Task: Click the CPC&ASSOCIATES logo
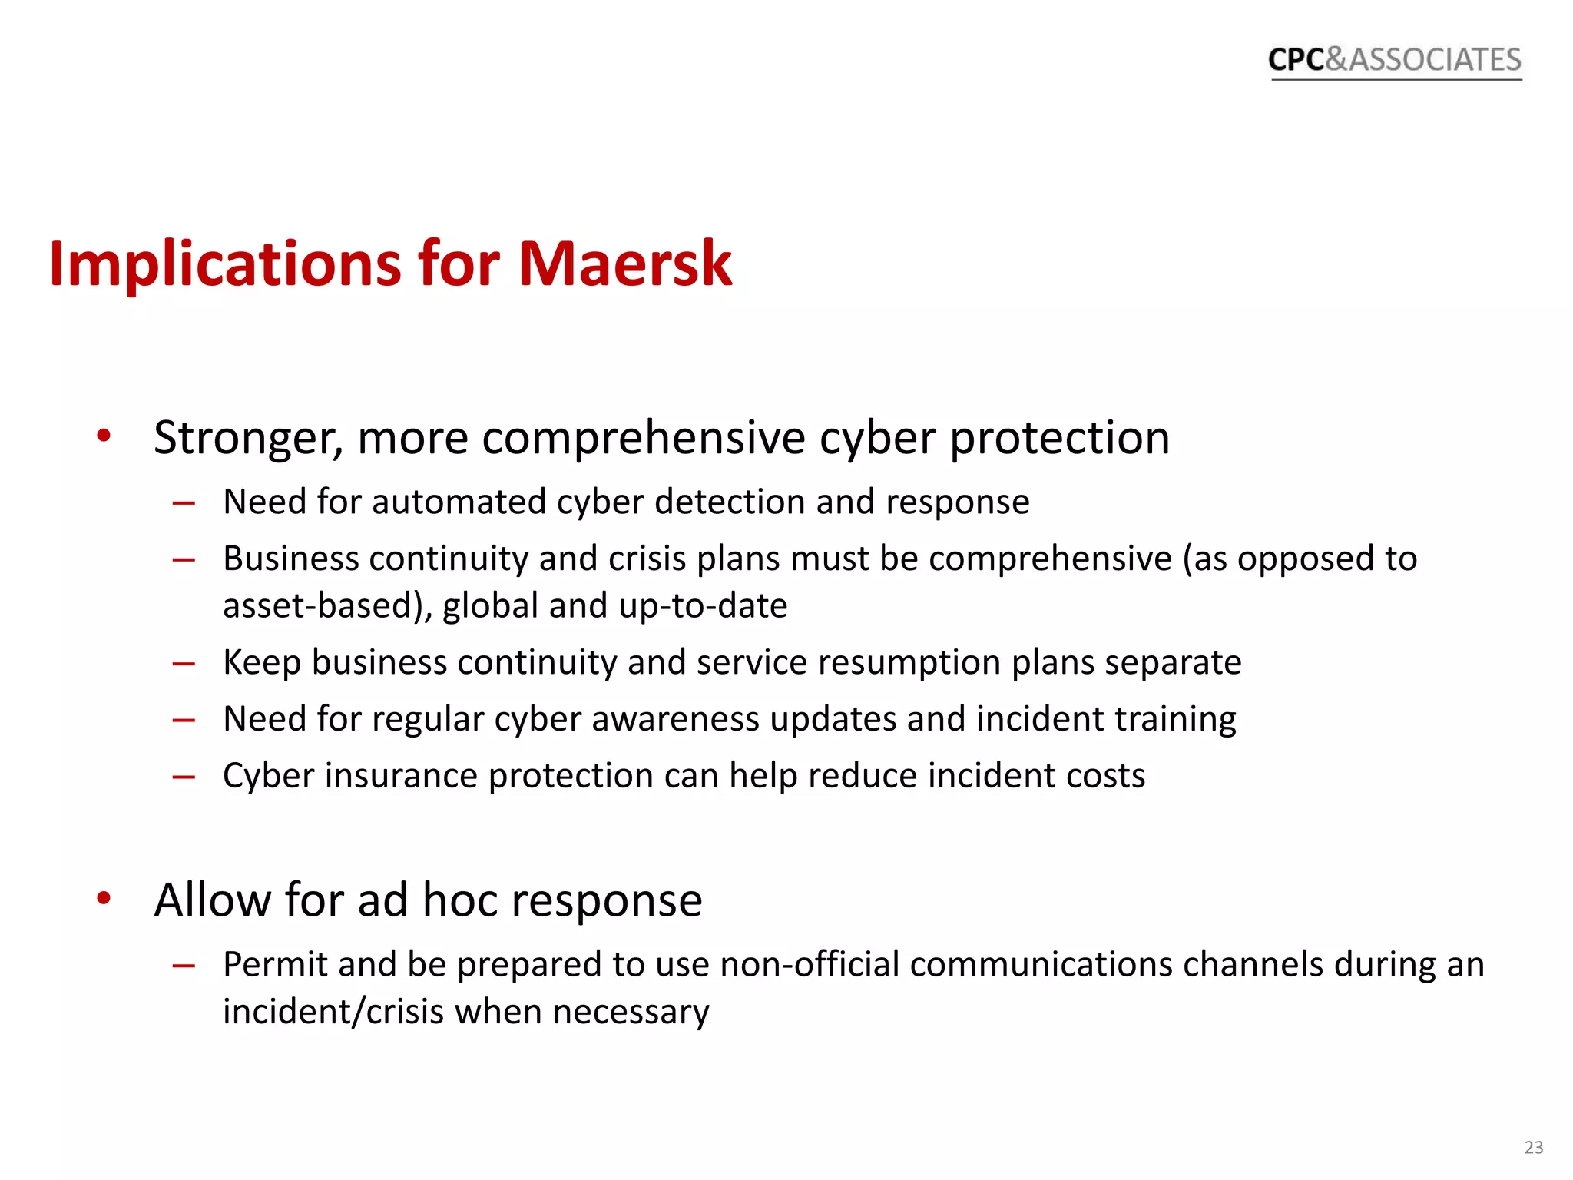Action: (x=1394, y=60)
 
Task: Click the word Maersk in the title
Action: (x=625, y=264)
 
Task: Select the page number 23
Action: (x=1534, y=1147)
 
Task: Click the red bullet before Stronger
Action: (x=104, y=436)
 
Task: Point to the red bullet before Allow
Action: (x=104, y=898)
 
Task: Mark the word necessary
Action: (x=631, y=1012)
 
